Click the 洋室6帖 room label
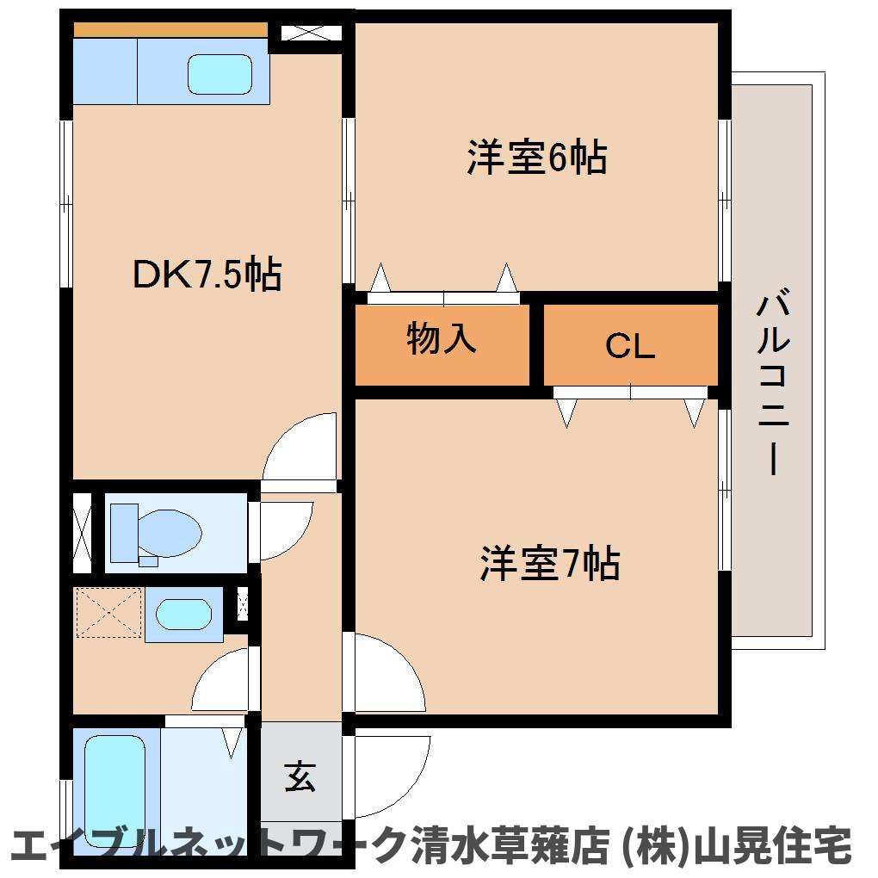pyautogui.click(x=537, y=159)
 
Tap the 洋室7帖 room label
pyautogui.click(x=549, y=564)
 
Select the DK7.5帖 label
pyautogui.click(x=206, y=275)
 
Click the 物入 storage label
pyautogui.click(x=442, y=339)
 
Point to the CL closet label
pyautogui.click(x=630, y=346)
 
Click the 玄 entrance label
pyautogui.click(x=300, y=777)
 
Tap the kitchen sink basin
pyautogui.click(x=220, y=74)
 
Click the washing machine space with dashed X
pyautogui.click(x=108, y=613)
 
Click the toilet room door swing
pyautogui.click(x=282, y=529)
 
